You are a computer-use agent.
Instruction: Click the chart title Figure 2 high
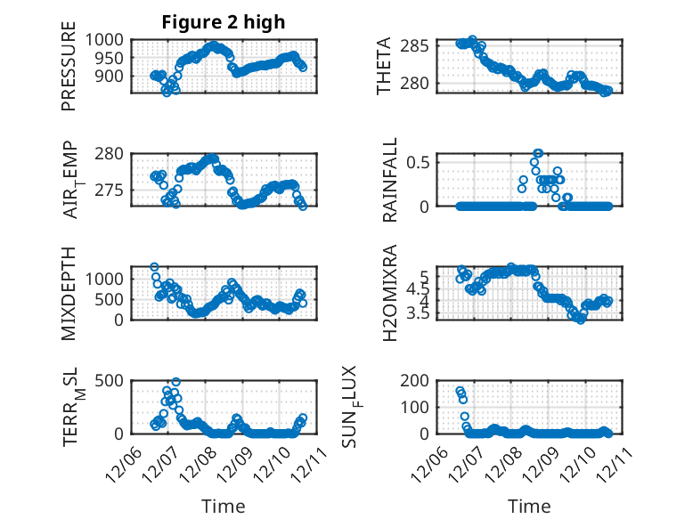pyautogui.click(x=224, y=22)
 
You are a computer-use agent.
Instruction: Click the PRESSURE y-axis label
pyautogui.click(x=69, y=72)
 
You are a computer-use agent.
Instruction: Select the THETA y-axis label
pyautogui.click(x=385, y=66)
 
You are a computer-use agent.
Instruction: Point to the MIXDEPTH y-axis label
pyautogui.click(x=69, y=293)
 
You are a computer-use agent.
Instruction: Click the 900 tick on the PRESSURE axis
pyautogui.click(x=115, y=76)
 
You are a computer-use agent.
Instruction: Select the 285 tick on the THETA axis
pyautogui.click(x=420, y=45)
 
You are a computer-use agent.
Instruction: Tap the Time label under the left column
pyautogui.click(x=223, y=506)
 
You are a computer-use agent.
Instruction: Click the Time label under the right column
pyautogui.click(x=529, y=506)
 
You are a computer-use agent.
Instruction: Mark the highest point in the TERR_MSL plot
pyautogui.click(x=175, y=382)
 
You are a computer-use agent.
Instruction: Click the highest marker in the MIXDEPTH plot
pyautogui.click(x=154, y=267)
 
